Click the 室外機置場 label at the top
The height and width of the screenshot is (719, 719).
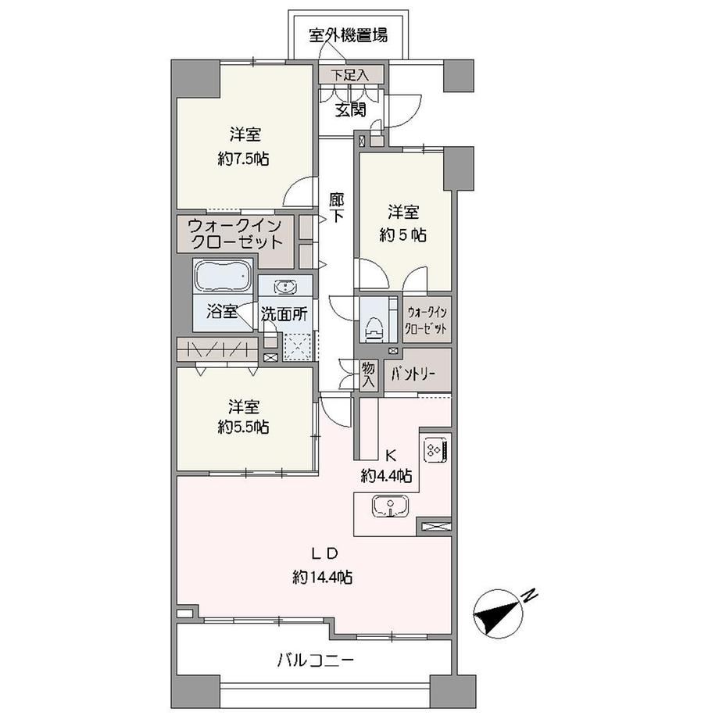[348, 35]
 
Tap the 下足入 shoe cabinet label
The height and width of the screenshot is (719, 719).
[351, 75]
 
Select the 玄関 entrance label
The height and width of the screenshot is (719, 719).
[351, 109]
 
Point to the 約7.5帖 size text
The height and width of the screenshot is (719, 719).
[244, 159]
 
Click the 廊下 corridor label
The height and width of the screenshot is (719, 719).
[337, 208]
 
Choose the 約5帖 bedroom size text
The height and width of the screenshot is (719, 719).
[403, 235]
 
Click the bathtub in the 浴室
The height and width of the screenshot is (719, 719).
[223, 276]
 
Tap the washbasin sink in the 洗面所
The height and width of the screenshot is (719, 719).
[285, 287]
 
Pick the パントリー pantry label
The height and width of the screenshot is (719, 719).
[413, 374]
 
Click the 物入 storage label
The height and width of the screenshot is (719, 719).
[368, 374]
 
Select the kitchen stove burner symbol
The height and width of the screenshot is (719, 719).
[437, 449]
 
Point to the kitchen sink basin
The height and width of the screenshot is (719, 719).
[390, 506]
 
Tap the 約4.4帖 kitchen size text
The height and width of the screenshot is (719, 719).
[386, 477]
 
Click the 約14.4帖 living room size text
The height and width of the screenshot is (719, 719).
[323, 578]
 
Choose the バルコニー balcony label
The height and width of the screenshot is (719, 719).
[316, 660]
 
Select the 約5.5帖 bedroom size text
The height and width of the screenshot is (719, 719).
[244, 427]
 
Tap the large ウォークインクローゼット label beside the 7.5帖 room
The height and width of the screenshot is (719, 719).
[235, 234]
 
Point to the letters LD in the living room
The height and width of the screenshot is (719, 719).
[324, 553]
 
